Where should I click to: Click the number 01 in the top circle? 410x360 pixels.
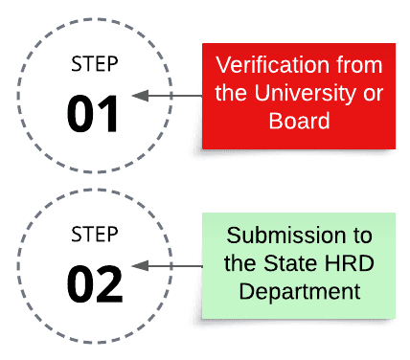94,114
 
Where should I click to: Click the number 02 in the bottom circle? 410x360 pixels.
94,283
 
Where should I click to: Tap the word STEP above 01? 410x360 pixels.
94,65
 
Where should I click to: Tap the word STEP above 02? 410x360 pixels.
94,235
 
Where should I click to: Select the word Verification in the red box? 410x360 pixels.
262,66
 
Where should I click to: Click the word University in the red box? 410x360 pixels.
312,94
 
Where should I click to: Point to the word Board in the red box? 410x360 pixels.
299,122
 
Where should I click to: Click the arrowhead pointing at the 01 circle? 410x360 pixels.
137,95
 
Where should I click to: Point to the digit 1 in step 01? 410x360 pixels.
109,114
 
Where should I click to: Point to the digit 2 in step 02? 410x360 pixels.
109,283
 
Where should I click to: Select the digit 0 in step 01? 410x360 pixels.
80,114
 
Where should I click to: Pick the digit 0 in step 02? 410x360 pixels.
80,283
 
